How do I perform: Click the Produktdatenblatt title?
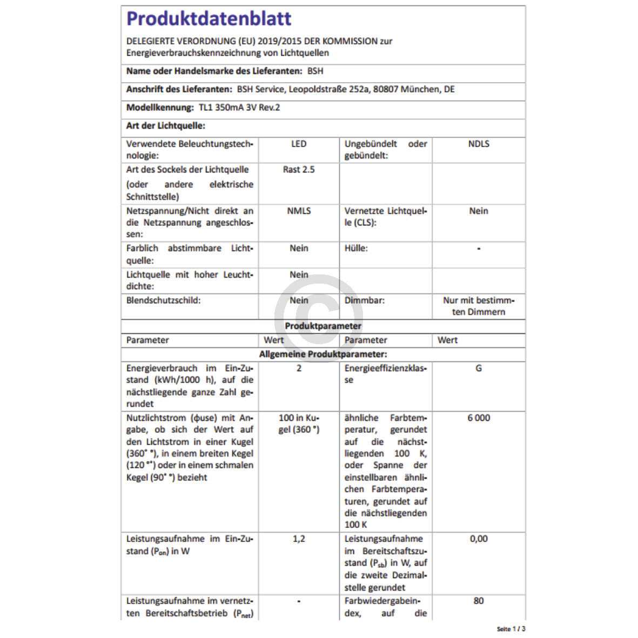pyautogui.click(x=209, y=19)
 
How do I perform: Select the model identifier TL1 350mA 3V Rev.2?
pyautogui.click(x=239, y=108)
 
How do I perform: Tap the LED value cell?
pyautogui.click(x=299, y=144)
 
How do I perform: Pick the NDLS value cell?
pyautogui.click(x=479, y=144)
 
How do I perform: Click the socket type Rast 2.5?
pyautogui.click(x=299, y=170)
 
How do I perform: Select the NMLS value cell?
pyautogui.click(x=299, y=211)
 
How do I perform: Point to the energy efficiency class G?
pyautogui.click(x=479, y=368)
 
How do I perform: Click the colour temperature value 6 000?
pyautogui.click(x=479, y=418)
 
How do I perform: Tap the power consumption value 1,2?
pyautogui.click(x=299, y=539)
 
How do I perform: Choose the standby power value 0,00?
pyautogui.click(x=479, y=539)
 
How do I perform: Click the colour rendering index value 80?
pyautogui.click(x=479, y=601)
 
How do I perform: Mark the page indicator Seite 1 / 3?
pyautogui.click(x=511, y=629)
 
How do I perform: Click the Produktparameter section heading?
pyautogui.click(x=323, y=326)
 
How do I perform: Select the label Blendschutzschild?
pyautogui.click(x=163, y=300)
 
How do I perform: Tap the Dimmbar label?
pyautogui.click(x=365, y=300)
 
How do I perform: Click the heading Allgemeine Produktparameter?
pyautogui.click(x=323, y=355)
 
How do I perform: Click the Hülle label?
pyautogui.click(x=356, y=249)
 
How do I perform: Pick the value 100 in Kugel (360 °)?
pyautogui.click(x=299, y=424)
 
